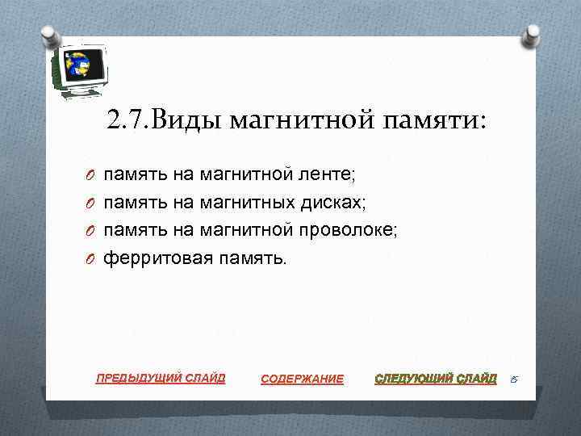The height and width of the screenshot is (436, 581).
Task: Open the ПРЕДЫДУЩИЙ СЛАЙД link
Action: coord(161,377)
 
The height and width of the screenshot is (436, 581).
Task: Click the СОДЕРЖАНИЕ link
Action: coord(303,379)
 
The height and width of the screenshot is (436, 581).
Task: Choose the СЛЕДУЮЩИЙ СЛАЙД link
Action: coord(436,378)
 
